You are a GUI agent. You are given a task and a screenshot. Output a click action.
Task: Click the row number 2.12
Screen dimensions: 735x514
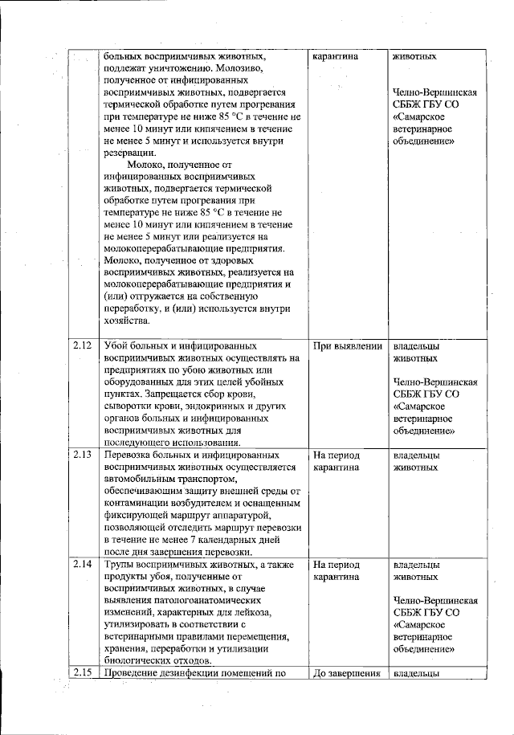click(x=81, y=345)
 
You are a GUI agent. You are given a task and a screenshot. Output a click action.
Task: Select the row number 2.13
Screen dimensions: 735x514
click(x=81, y=455)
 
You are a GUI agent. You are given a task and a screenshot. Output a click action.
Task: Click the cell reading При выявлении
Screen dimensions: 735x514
click(x=347, y=346)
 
